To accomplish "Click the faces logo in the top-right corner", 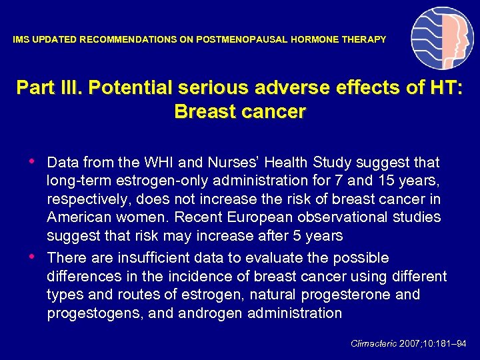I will coord(442,38).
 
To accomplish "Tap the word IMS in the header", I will coord(21,40).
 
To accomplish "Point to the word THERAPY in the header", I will coord(365,40).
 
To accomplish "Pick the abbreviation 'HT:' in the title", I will coord(443,88).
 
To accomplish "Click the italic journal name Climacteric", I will coord(374,344).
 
